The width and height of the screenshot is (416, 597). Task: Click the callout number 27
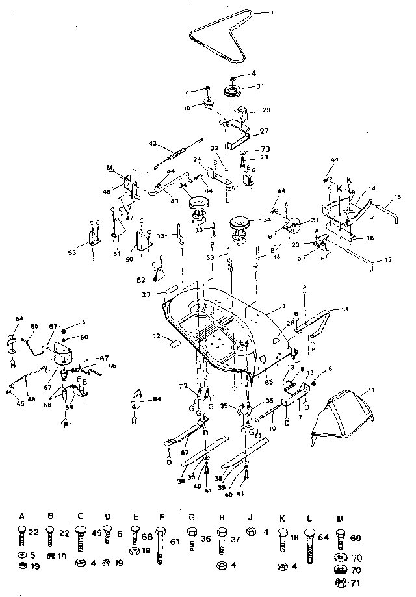264,131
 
